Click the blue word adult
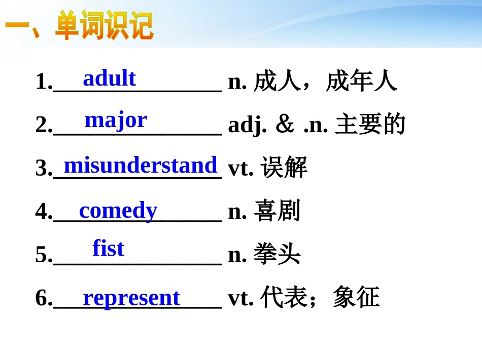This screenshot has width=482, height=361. click(109, 78)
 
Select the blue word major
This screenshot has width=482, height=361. click(116, 120)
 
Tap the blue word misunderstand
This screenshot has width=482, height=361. click(141, 165)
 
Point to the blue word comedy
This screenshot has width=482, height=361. click(118, 210)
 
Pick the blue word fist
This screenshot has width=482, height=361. click(108, 248)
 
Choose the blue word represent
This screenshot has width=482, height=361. click(131, 298)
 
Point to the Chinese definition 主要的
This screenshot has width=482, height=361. click(370, 125)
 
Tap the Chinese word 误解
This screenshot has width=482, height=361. click(284, 168)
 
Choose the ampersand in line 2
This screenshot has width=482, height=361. click(285, 125)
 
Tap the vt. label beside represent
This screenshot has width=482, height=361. click(241, 298)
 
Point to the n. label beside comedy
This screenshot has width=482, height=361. click(237, 212)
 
